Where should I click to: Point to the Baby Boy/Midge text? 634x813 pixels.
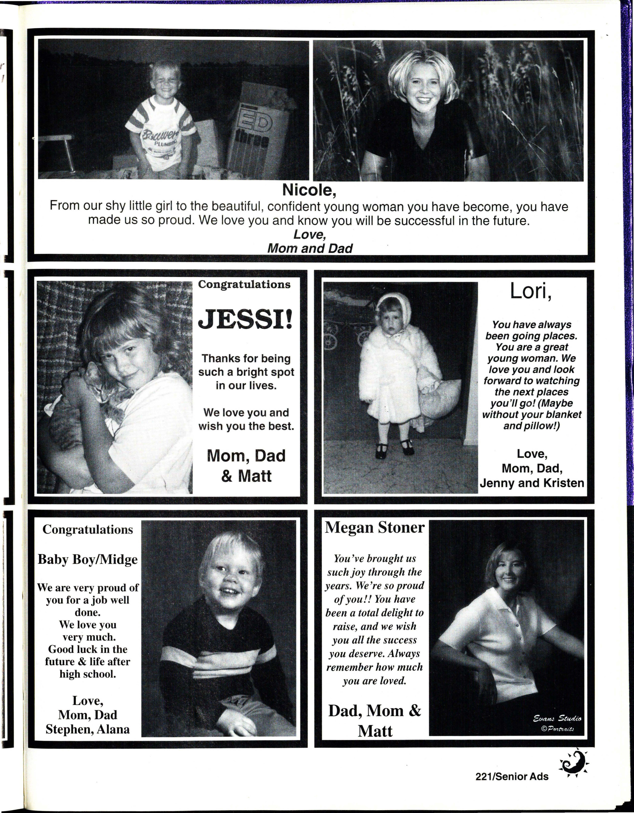point(87,560)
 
